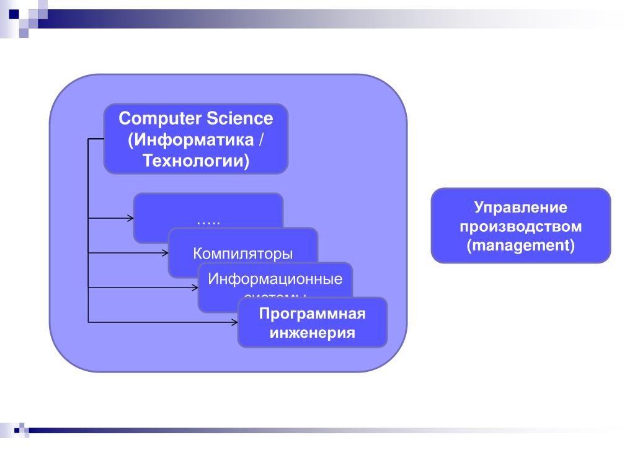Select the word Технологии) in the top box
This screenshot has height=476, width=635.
pyautogui.click(x=195, y=161)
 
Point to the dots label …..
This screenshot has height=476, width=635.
pyautogui.click(x=208, y=220)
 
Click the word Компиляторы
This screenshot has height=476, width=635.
pyautogui.click(x=242, y=253)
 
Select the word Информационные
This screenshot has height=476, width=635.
pyautogui.click(x=275, y=278)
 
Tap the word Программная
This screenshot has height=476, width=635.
pyautogui.click(x=312, y=314)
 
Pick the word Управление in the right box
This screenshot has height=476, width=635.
pyautogui.click(x=521, y=208)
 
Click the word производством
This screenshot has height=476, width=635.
pyautogui.click(x=521, y=226)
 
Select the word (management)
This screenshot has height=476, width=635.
pyautogui.click(x=521, y=245)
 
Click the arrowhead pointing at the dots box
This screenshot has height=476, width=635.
pyautogui.click(x=130, y=218)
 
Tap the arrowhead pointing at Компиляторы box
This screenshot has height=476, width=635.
pyautogui.click(x=165, y=252)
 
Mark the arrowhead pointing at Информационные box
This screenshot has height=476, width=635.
pyautogui.click(x=195, y=288)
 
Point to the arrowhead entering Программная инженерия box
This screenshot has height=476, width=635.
pyautogui.click(x=234, y=322)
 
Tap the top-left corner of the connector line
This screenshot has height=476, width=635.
pyautogui.click(x=89, y=139)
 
